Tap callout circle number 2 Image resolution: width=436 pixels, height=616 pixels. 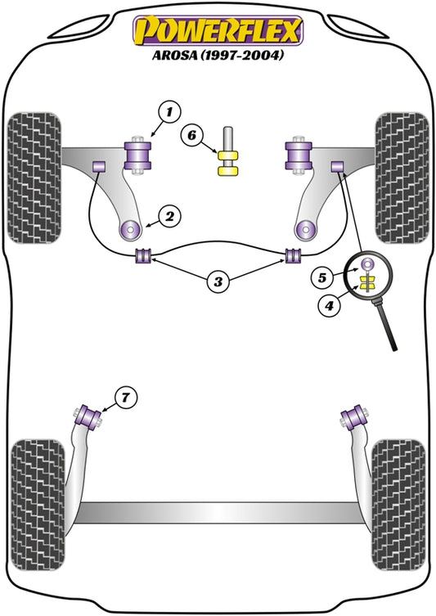coord(169,216)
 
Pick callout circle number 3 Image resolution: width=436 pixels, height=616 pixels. coord(218,283)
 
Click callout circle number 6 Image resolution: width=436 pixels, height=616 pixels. coord(193,134)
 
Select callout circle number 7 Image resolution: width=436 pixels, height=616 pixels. coord(124,398)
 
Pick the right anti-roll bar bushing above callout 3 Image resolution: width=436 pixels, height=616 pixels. coord(291,255)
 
